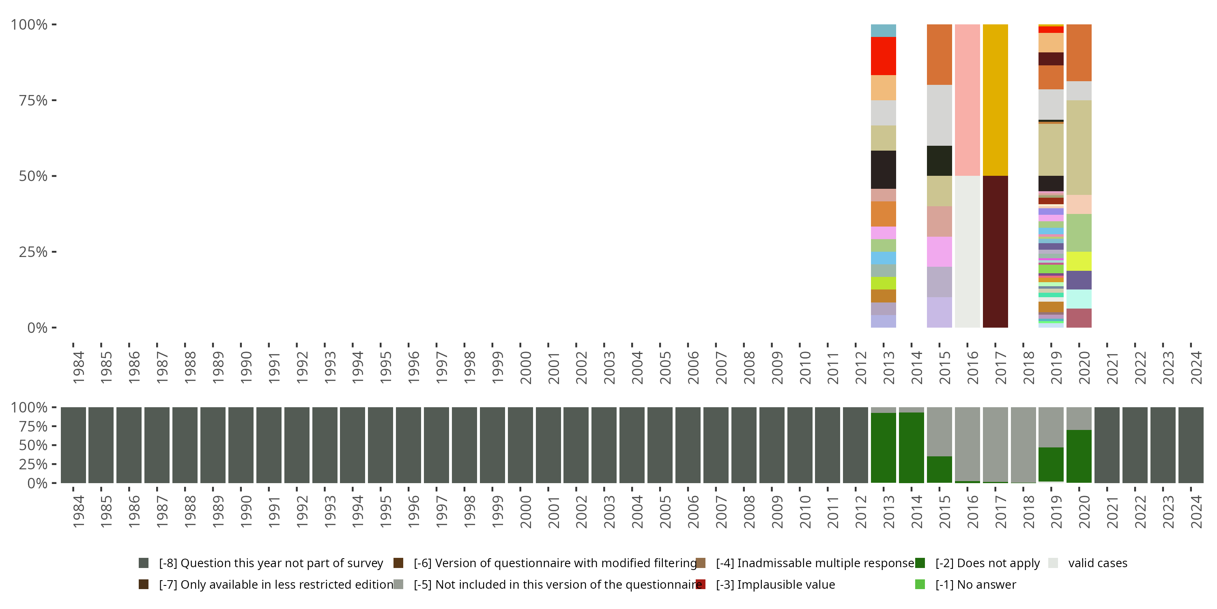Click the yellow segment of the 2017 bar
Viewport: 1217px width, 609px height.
coord(995,100)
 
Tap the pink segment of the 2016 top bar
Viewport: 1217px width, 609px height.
coord(967,100)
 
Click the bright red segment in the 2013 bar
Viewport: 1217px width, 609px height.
coord(883,56)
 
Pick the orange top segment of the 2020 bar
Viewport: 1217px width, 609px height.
coord(1079,52)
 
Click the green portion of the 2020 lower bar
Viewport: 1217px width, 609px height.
coord(1079,456)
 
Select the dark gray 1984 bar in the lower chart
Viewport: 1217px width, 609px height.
coord(73,445)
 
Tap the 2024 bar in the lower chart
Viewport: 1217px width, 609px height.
coord(1191,445)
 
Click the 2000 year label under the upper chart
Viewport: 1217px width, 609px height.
coord(525,367)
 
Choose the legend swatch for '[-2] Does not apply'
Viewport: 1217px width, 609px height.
coord(920,563)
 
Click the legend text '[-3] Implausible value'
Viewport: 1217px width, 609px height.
coord(775,584)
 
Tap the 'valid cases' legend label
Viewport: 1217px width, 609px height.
coord(1097,563)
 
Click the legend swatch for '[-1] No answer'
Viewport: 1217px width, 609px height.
coord(920,584)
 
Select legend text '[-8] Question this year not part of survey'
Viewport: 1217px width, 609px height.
coord(271,563)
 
